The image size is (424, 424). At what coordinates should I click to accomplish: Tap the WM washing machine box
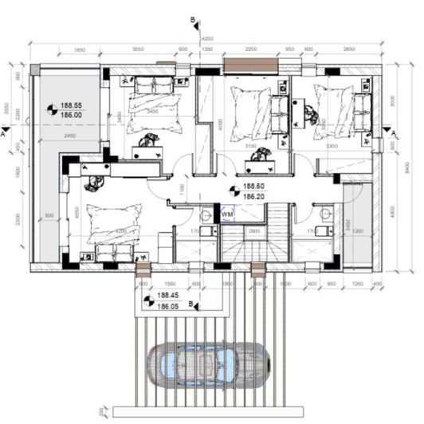click(x=227, y=214)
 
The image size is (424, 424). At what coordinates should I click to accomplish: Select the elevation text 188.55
click(x=72, y=104)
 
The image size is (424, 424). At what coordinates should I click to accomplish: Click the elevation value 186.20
click(x=253, y=194)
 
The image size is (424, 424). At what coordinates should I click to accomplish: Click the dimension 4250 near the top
click(x=207, y=37)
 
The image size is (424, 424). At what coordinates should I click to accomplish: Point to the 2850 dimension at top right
click(x=350, y=49)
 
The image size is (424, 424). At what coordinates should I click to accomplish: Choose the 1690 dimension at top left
click(x=79, y=49)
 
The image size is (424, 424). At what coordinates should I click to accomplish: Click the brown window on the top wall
click(x=250, y=63)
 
